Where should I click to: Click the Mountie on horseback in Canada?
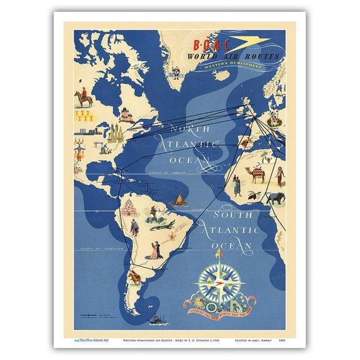(82, 98)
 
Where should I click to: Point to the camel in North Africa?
(257, 174)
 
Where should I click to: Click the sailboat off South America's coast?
(176, 199)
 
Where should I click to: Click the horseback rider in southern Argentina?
(134, 276)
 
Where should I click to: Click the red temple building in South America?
(129, 209)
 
